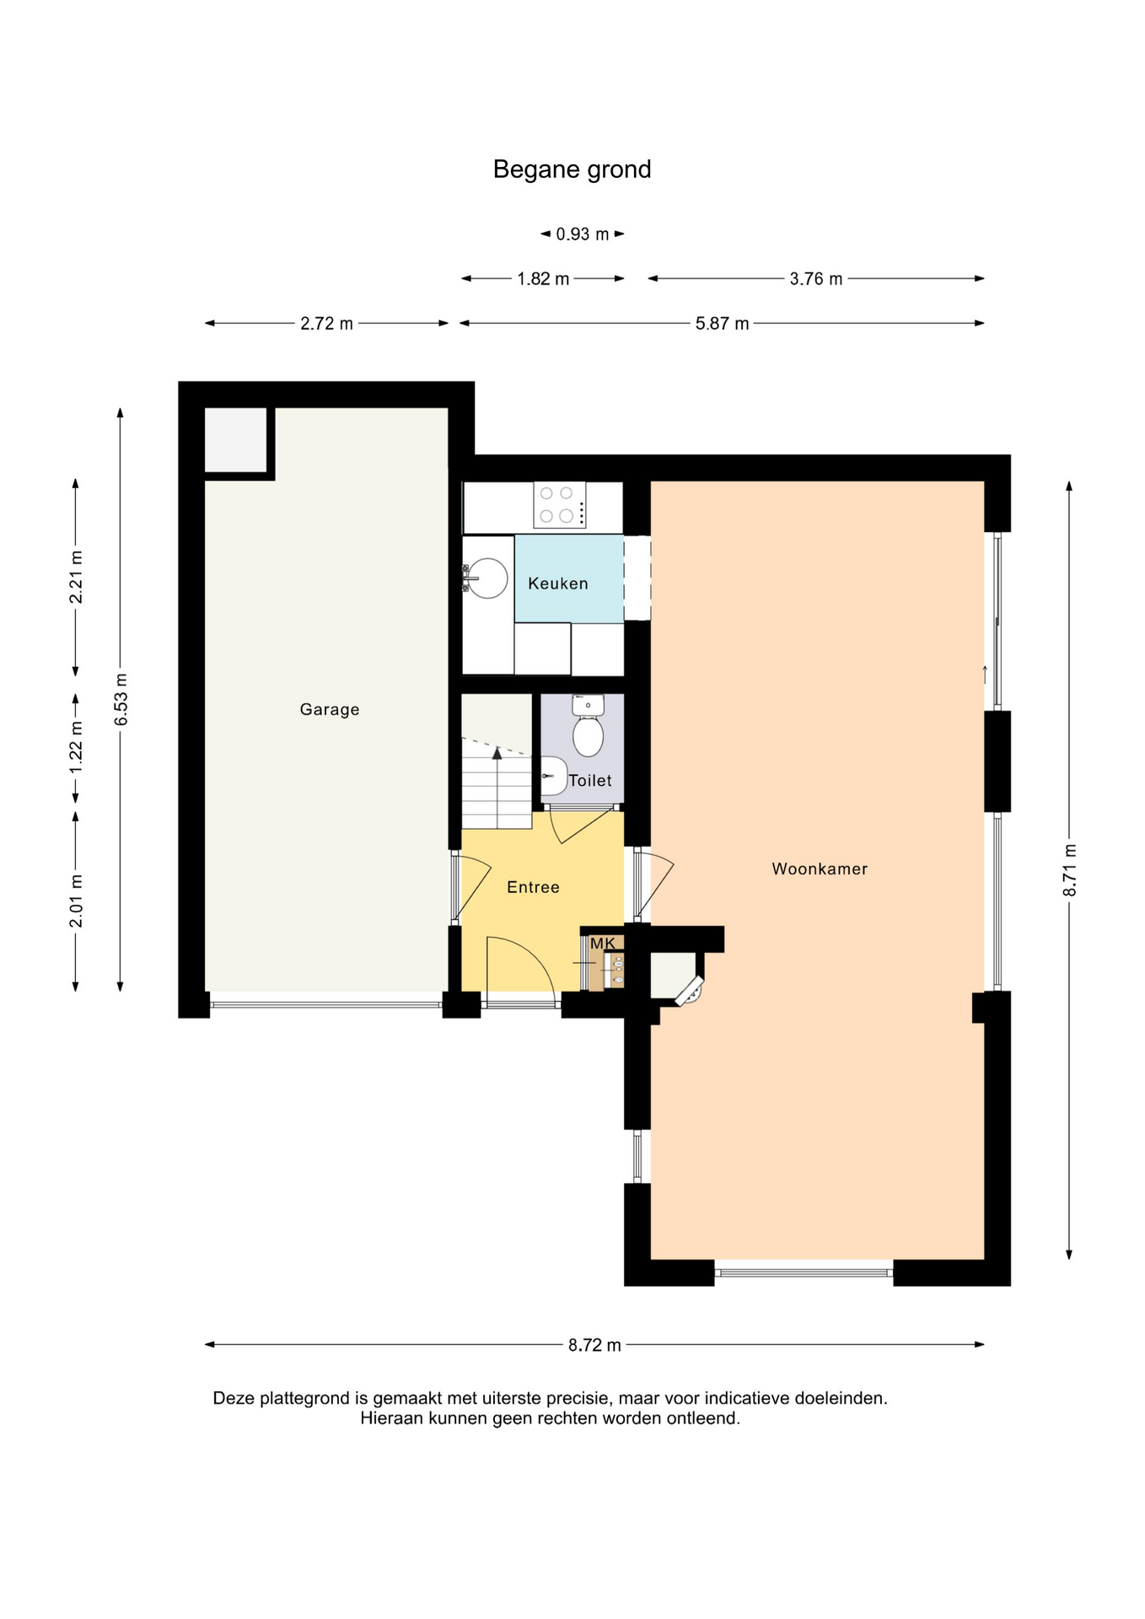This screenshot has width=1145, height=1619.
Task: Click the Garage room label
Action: click(330, 709)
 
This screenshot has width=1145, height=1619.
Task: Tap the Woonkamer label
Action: click(820, 869)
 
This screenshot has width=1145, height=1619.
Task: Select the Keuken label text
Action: click(558, 583)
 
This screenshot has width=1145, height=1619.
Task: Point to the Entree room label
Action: click(533, 887)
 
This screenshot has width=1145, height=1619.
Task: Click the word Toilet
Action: click(590, 781)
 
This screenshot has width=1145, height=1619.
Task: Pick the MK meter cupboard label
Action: click(603, 943)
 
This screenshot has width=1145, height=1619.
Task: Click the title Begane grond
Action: click(572, 169)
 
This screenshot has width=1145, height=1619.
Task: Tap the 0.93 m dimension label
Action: click(583, 234)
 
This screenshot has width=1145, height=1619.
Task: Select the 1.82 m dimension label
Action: click(543, 279)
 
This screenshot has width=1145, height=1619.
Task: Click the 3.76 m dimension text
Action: click(816, 279)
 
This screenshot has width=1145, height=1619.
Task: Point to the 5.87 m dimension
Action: click(722, 324)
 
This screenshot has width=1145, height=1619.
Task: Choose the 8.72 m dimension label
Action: click(594, 1345)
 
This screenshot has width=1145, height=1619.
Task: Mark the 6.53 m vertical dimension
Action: click(121, 699)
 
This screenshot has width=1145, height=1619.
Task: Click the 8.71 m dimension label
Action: click(1070, 870)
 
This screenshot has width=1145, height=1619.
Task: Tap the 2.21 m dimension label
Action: click(76, 578)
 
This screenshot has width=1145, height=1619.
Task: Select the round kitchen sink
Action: click(487, 578)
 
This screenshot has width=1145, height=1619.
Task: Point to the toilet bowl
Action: click(589, 735)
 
